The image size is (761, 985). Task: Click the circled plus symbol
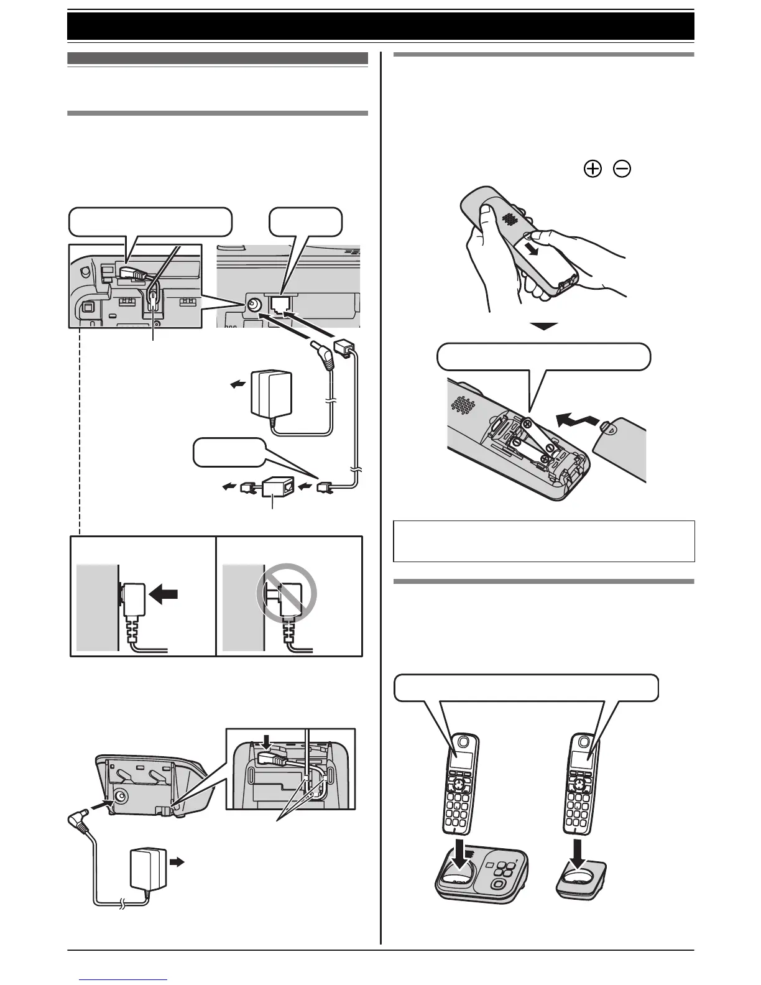pos(594,169)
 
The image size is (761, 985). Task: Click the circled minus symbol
pos(621,169)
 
